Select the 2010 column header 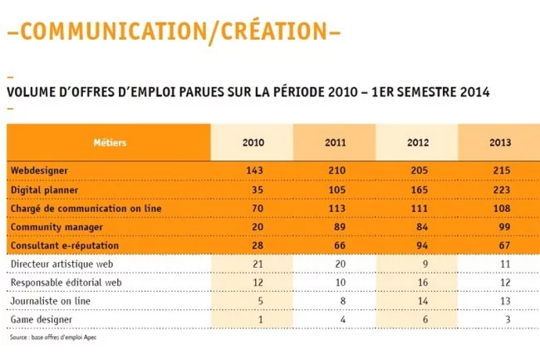[x=253, y=142]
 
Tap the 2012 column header [x=417, y=142]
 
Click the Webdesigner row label [x=39, y=170]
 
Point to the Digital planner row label [x=44, y=189]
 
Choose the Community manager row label [x=54, y=226]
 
